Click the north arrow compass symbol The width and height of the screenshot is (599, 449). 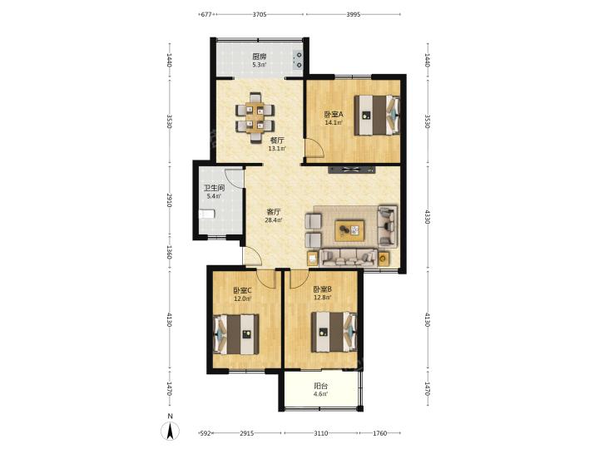[171, 432]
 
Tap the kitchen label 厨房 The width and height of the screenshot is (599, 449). [259, 57]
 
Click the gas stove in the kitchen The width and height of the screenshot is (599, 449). [298, 60]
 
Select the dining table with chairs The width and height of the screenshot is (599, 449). [255, 117]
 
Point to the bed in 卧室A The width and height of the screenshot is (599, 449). [377, 115]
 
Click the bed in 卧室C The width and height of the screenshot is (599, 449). [235, 334]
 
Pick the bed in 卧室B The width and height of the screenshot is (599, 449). [334, 332]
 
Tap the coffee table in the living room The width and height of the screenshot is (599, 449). [349, 230]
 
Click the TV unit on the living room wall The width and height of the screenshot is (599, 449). [351, 170]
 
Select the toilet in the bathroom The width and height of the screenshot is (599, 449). [206, 214]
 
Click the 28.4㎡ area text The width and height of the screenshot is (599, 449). [274, 220]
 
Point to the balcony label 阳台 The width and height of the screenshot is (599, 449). [320, 386]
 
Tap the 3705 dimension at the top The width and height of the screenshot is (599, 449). [260, 14]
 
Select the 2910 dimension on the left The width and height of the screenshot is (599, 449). [169, 200]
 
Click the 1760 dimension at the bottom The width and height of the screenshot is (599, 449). [379, 433]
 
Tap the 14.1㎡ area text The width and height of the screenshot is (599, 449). [334, 122]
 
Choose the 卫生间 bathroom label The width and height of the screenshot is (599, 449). [214, 188]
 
